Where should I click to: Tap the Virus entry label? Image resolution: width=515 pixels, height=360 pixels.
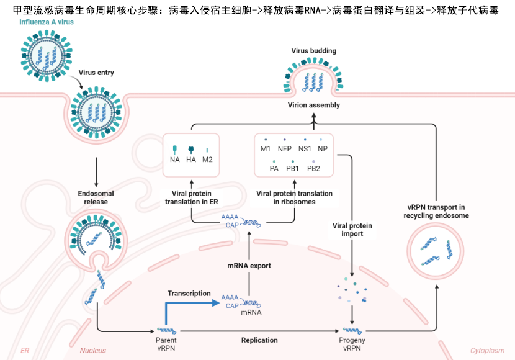point(96,73)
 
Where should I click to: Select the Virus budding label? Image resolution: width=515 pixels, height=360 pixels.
point(314,50)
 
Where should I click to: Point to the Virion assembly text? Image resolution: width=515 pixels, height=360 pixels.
point(314,105)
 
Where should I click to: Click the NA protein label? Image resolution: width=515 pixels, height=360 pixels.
point(174,160)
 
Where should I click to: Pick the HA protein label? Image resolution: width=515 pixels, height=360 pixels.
point(191,160)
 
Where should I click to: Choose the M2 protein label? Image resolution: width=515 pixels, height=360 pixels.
point(208,160)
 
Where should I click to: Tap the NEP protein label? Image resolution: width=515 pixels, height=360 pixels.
point(285,149)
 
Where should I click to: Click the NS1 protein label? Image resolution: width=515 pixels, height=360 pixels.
point(305,149)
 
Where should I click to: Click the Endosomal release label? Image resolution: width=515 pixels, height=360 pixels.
point(96,197)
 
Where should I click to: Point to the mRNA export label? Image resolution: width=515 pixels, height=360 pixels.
point(249,266)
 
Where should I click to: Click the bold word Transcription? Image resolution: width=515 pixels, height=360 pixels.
point(189,294)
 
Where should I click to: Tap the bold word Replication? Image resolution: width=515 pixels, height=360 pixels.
point(259,340)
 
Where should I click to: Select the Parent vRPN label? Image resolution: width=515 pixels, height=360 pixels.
point(166,344)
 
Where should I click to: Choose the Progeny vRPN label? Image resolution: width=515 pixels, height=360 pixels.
point(352,344)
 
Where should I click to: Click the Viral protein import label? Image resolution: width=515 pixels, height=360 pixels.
point(352,230)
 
